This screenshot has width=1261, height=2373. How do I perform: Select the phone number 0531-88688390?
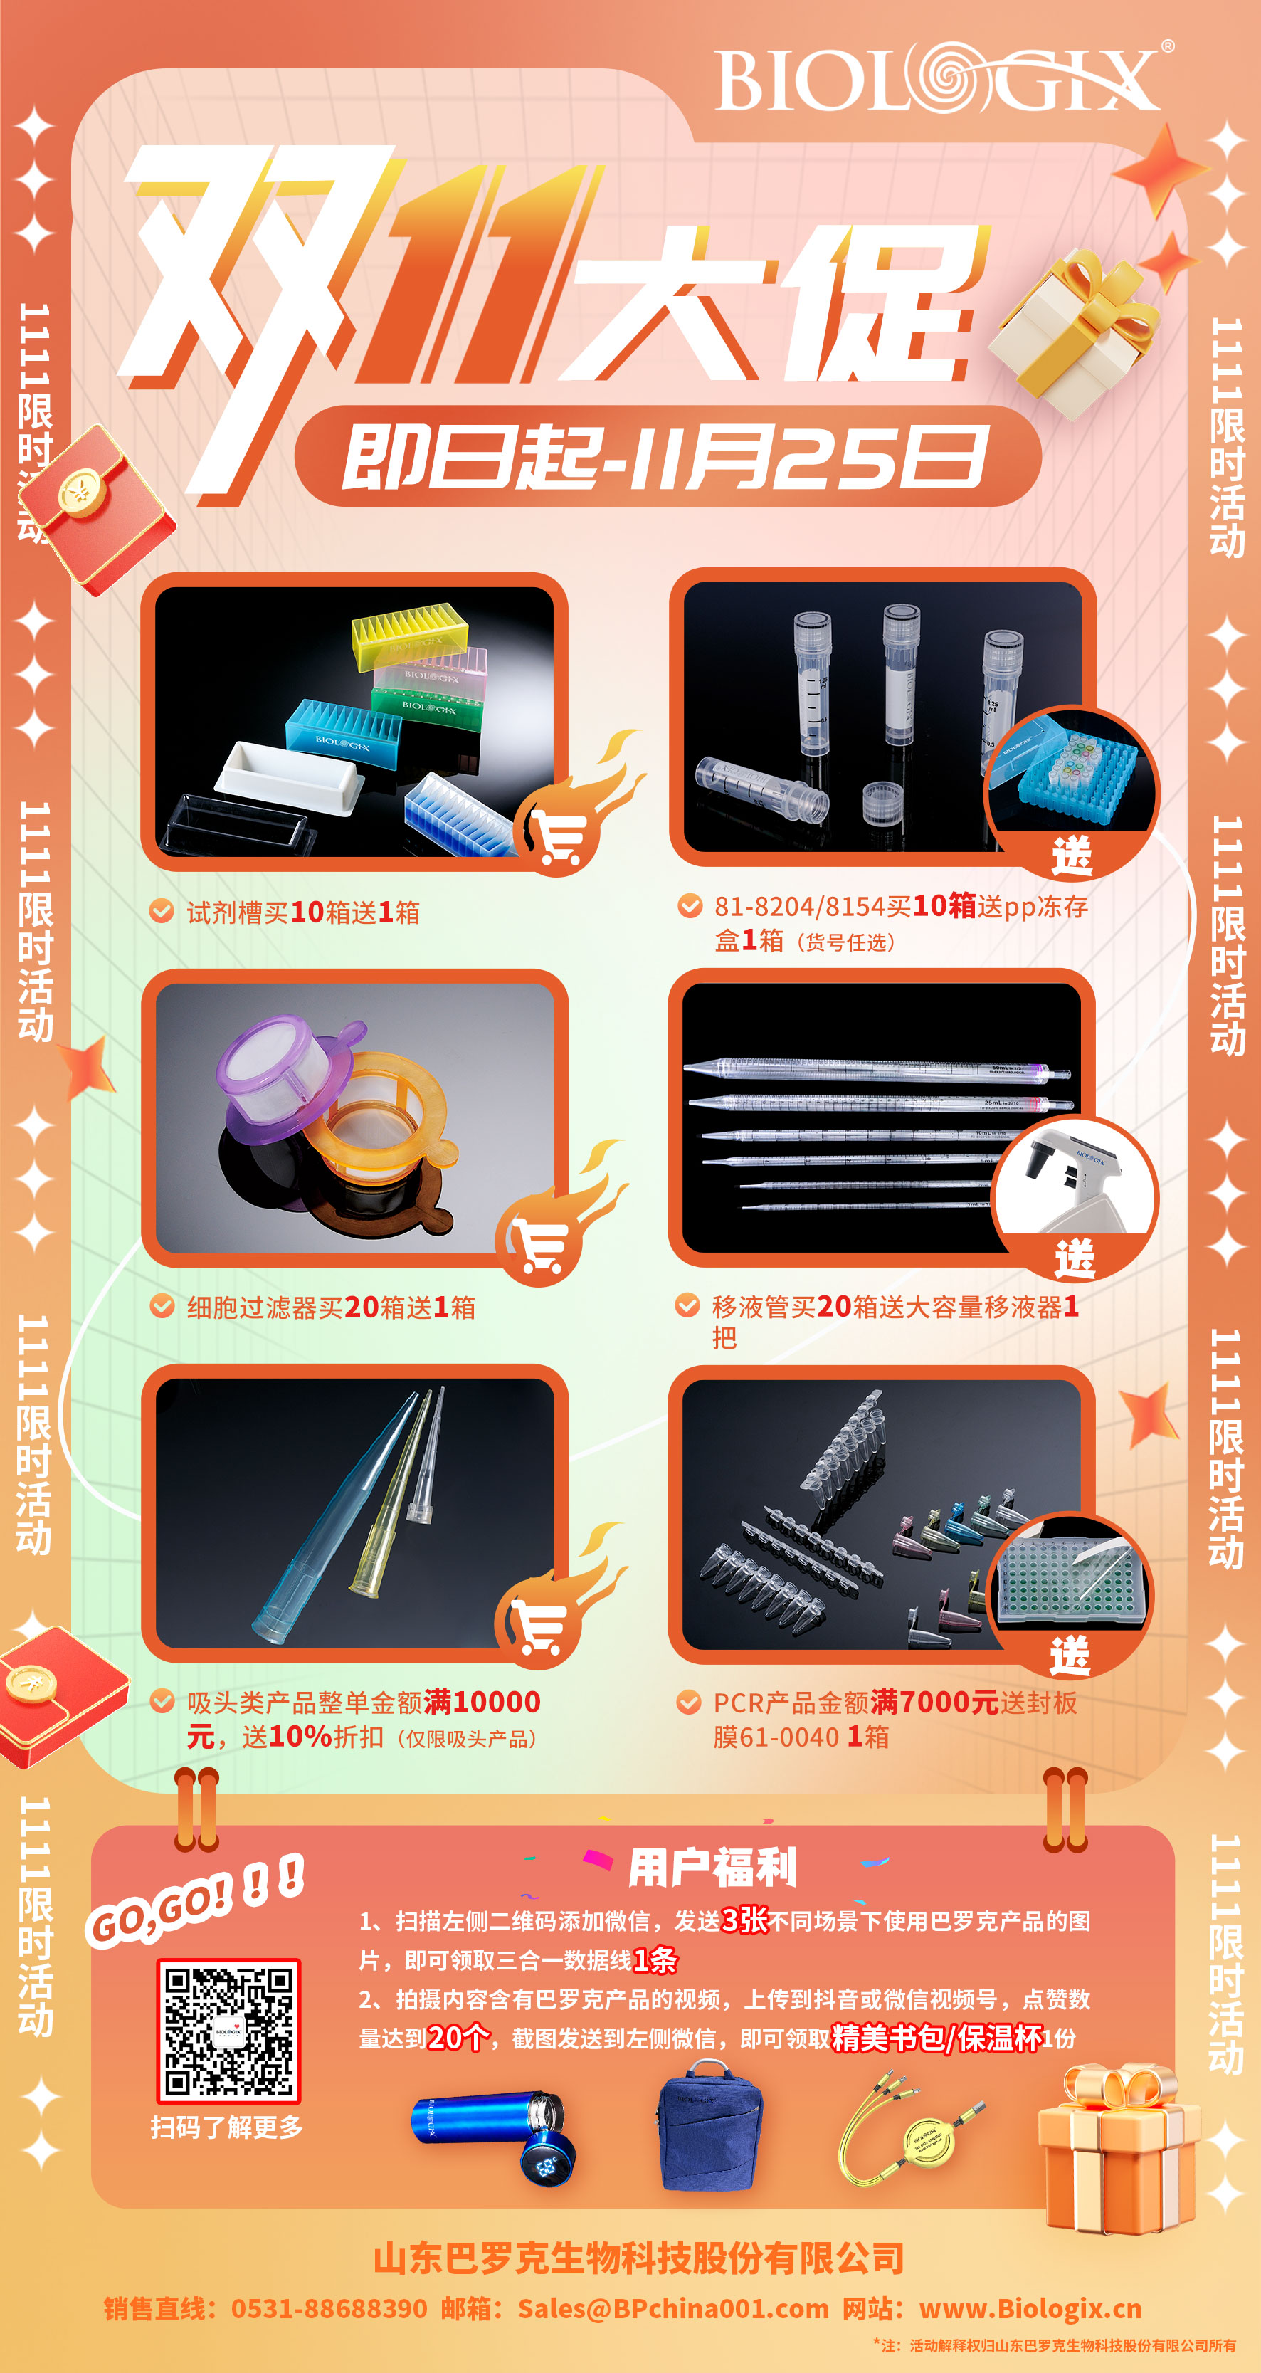[329, 2308]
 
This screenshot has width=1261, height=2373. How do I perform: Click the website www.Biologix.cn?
[1030, 2308]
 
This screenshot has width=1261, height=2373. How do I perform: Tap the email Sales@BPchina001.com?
[673, 2308]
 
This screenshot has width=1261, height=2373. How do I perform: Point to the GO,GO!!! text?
[195, 1900]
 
